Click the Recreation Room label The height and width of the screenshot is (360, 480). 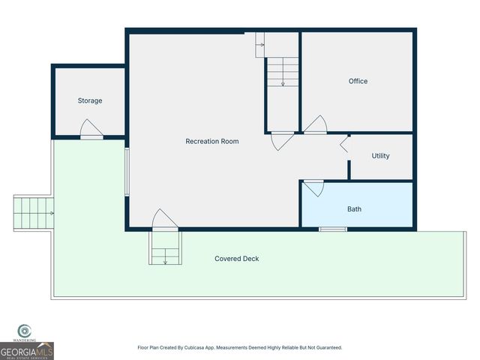pos(212,141)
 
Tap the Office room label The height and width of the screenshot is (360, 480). pos(358,81)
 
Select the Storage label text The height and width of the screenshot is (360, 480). pos(90,100)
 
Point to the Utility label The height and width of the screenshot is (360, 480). pos(380,156)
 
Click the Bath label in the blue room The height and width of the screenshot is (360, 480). pos(354,209)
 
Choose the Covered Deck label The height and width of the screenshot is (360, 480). pos(237,259)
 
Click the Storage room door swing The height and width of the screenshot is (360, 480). pos(91,129)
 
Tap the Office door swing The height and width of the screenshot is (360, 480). pos(315,124)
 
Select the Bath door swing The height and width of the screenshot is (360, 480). pos(313,187)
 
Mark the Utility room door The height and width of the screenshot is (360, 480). pos(345,145)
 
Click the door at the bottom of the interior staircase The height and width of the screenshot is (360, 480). pos(282,140)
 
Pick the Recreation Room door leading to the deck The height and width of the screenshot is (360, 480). pos(164,220)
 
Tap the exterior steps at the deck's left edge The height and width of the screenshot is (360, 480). pos(33,213)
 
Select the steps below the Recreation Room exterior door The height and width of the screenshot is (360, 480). pos(165,247)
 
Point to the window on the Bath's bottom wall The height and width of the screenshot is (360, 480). pos(328,228)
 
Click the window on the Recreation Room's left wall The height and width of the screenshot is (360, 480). pos(127,172)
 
